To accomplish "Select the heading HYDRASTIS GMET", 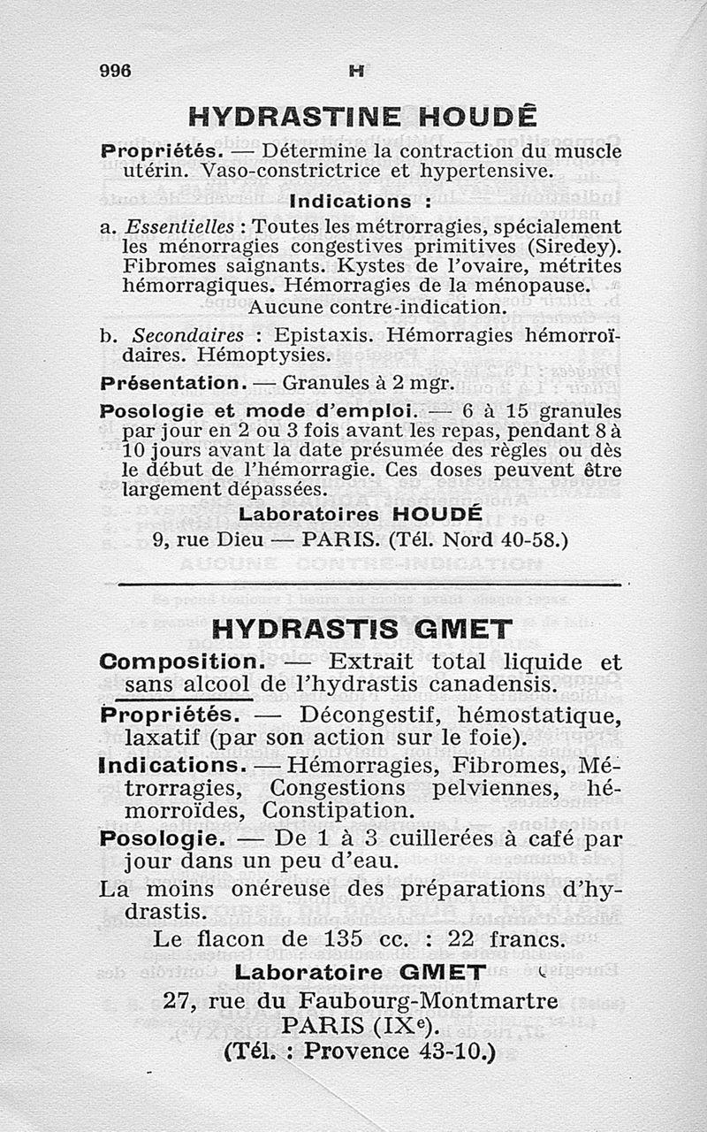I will click(x=362, y=629).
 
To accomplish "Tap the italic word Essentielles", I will click(x=172, y=226).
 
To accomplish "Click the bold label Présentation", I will click(x=171, y=385).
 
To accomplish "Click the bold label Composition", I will click(x=181, y=662).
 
